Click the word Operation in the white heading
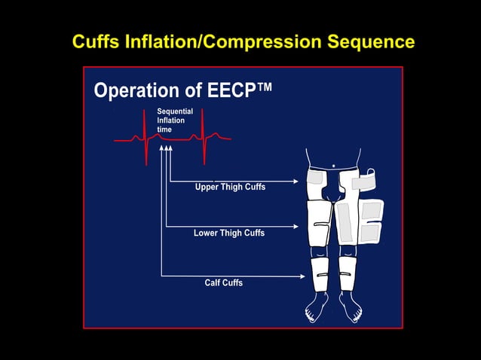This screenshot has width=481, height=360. [x=136, y=91]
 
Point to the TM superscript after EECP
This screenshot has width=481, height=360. [x=265, y=86]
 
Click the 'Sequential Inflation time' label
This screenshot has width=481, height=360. [x=174, y=121]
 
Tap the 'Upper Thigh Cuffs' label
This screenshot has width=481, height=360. [x=230, y=187]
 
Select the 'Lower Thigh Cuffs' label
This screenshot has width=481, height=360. [x=229, y=233]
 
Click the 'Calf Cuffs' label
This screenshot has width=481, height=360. [x=224, y=283]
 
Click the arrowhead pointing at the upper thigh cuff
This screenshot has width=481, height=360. [x=296, y=182]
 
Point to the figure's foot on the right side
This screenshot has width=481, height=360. [x=350, y=307]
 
